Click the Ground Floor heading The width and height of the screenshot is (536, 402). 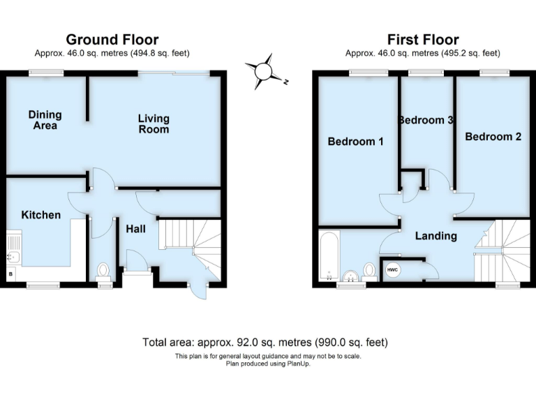click(112, 40)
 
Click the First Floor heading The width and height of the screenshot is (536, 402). click(424, 40)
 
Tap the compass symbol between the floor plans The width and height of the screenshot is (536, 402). click(264, 71)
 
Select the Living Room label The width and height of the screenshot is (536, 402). click(154, 124)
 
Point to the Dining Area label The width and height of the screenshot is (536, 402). click(45, 120)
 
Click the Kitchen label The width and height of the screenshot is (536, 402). click(40, 215)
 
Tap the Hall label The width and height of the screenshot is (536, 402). click(135, 228)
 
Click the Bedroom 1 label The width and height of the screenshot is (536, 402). click(356, 142)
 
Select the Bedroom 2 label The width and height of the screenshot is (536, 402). click(493, 137)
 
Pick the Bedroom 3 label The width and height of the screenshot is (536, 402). click(426, 120)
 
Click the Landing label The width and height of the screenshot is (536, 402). click(436, 236)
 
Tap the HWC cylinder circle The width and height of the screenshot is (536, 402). click(393, 269)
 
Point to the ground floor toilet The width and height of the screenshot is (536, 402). click(103, 270)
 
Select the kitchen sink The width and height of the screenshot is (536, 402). click(14, 249)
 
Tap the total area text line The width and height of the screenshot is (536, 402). click(265, 342)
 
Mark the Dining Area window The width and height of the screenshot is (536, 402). click(46, 72)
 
